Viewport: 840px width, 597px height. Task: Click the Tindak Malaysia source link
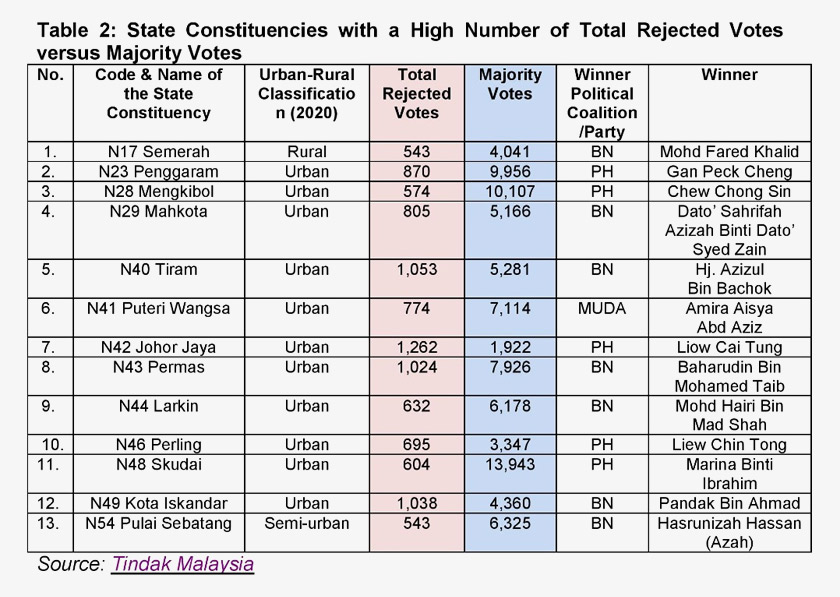coord(182,563)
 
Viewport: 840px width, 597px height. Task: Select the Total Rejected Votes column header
coord(416,94)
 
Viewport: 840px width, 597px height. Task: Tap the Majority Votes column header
coord(510,84)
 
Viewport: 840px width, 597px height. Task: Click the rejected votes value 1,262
coord(416,347)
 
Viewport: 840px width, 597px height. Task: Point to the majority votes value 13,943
coord(510,464)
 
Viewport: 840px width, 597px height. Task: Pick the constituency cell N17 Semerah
coord(158,152)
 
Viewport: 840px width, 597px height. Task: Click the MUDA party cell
coord(602,308)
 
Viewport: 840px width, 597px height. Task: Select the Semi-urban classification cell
coord(306,523)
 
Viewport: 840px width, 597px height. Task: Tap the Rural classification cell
coord(306,152)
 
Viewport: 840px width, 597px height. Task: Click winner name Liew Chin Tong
coord(729,445)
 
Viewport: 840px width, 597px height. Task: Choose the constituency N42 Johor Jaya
coord(158,347)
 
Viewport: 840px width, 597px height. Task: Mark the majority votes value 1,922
coord(510,347)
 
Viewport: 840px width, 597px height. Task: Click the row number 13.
coord(49,523)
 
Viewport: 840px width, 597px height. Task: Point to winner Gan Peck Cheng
coord(729,171)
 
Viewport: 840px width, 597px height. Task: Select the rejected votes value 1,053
coord(416,269)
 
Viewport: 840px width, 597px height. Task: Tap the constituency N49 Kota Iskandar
coord(158,503)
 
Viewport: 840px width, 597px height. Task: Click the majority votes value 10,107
coord(510,191)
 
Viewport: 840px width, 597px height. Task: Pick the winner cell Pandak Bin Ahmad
coord(729,503)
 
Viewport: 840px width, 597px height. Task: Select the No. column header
coord(49,75)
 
